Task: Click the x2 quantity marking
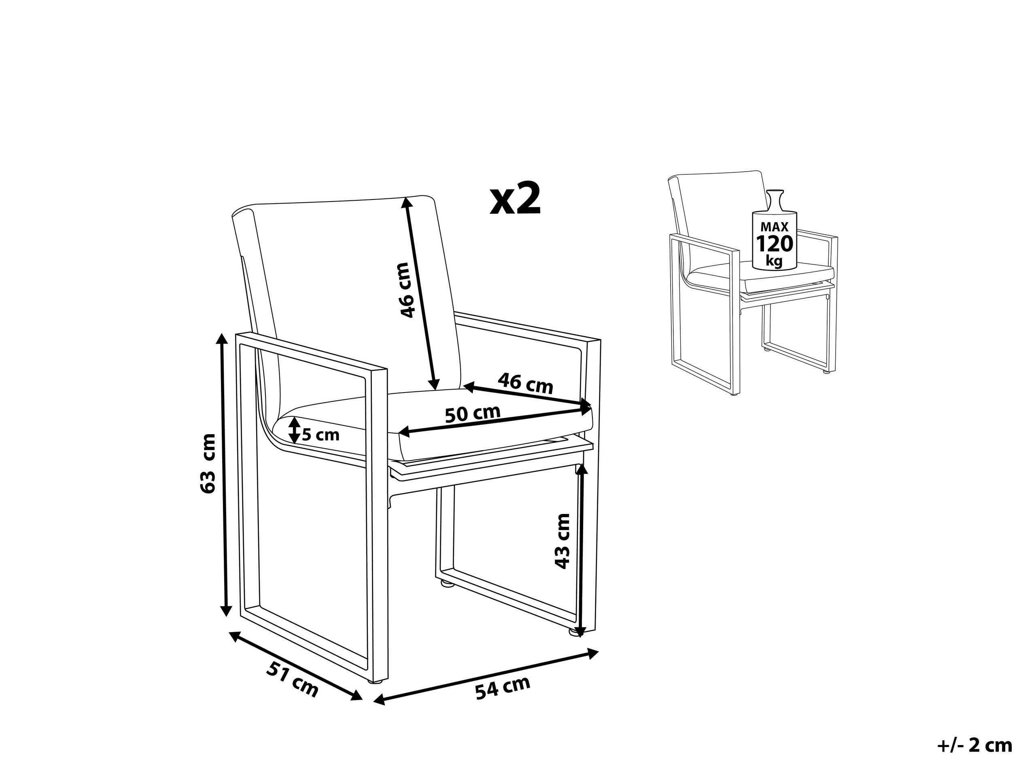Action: tap(515, 200)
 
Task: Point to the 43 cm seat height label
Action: tap(562, 541)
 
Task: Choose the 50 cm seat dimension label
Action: tap(473, 414)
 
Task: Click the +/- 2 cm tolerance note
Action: tap(975, 745)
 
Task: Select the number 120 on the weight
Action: tap(775, 244)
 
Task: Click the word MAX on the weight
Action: tap(775, 227)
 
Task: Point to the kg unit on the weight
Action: tap(774, 261)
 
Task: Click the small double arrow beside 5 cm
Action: tap(294, 430)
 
